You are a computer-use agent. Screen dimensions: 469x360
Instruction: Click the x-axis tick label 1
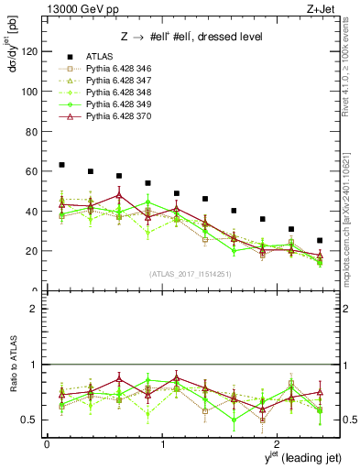[162, 444]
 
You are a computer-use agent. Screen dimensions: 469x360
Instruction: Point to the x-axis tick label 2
[278, 444]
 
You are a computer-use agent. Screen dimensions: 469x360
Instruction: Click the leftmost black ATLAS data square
[61, 165]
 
